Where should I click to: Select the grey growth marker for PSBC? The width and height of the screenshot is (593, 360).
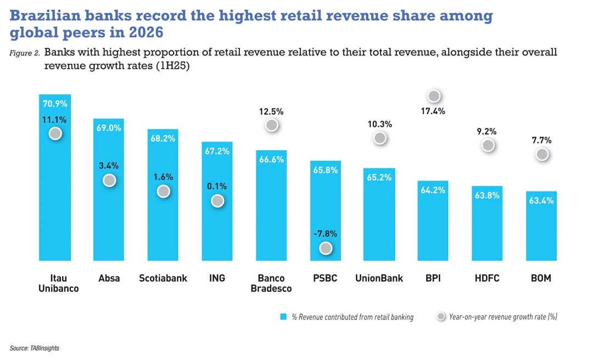[326, 249]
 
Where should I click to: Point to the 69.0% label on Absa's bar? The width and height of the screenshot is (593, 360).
[109, 127]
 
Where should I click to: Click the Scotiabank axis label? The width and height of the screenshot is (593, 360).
[163, 278]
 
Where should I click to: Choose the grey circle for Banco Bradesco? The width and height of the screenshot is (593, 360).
[271, 125]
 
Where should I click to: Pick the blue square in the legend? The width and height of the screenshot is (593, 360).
[284, 317]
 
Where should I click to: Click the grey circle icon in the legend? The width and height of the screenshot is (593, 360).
[441, 317]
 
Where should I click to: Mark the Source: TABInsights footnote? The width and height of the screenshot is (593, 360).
[35, 348]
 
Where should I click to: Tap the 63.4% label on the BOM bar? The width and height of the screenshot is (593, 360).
[541, 201]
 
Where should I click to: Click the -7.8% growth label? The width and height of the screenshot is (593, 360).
[326, 233]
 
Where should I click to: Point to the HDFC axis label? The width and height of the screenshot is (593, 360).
[487, 278]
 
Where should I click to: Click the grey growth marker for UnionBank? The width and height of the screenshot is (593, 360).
[379, 138]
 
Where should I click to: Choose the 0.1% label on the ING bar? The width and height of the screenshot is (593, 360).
[217, 186]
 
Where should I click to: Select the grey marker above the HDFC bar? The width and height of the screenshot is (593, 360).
[487, 145]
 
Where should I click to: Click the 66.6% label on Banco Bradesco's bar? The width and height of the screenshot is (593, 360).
[271, 159]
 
